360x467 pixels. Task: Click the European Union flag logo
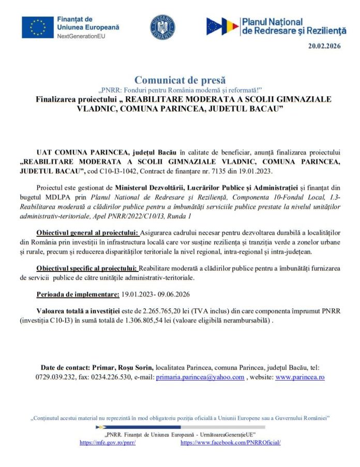pyautogui.click(x=37, y=27)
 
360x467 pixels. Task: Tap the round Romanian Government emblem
pyautogui.click(x=162, y=27)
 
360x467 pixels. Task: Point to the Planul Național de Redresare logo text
pyautogui.click(x=294, y=26)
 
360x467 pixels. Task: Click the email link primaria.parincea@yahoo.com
pyautogui.click(x=200, y=378)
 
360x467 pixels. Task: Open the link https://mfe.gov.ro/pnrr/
pyautogui.click(x=101, y=443)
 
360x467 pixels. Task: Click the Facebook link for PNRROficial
pyautogui.click(x=231, y=443)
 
